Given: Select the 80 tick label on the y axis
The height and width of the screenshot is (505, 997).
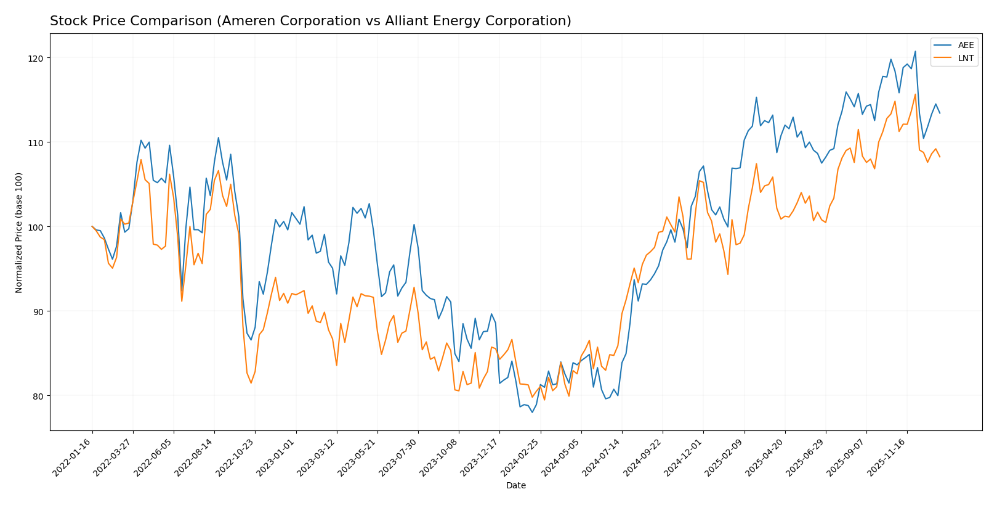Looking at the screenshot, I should click(38, 396).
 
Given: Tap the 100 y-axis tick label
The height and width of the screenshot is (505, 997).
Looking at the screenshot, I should click(36, 227).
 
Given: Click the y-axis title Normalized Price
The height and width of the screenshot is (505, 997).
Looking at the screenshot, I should click(19, 232).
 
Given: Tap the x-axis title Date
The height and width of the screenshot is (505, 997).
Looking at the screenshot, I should click(515, 486).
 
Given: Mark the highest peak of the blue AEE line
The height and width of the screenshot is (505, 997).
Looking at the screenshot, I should click(914, 51).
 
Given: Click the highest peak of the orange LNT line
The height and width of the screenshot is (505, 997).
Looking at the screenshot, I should click(914, 94).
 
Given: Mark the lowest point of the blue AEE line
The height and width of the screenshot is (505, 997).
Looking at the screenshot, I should click(532, 412).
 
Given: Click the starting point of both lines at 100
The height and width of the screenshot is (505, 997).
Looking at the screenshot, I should click(92, 226).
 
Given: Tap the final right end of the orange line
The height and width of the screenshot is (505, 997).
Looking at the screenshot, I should click(939, 157).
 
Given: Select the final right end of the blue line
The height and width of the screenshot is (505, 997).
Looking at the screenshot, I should click(939, 113).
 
